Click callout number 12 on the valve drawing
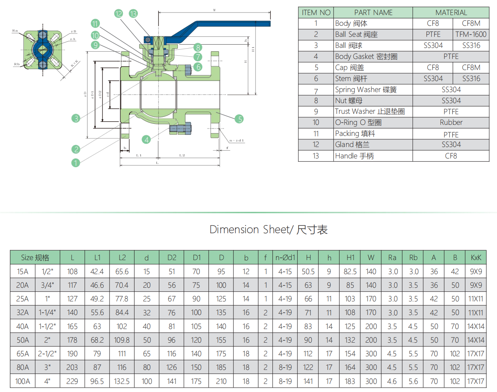pos(118,14)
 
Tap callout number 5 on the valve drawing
pos(240,119)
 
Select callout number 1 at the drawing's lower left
pos(76,163)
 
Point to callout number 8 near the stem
pos(198,47)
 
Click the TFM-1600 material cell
pos(471,34)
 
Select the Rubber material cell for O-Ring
pos(451,122)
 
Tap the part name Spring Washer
pos(365,90)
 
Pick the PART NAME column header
pos(373,13)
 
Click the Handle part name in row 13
pos(354,156)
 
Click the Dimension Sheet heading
pos(268,230)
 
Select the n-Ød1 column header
pos(285,258)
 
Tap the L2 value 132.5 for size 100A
pos(122,381)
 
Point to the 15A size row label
pos(22,272)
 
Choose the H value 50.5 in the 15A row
pos(308,272)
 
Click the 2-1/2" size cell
pos(47,354)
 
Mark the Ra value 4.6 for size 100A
pos(392,381)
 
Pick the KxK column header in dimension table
pos(476,258)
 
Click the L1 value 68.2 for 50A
pos(97,340)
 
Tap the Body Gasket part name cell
pos(366,56)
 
